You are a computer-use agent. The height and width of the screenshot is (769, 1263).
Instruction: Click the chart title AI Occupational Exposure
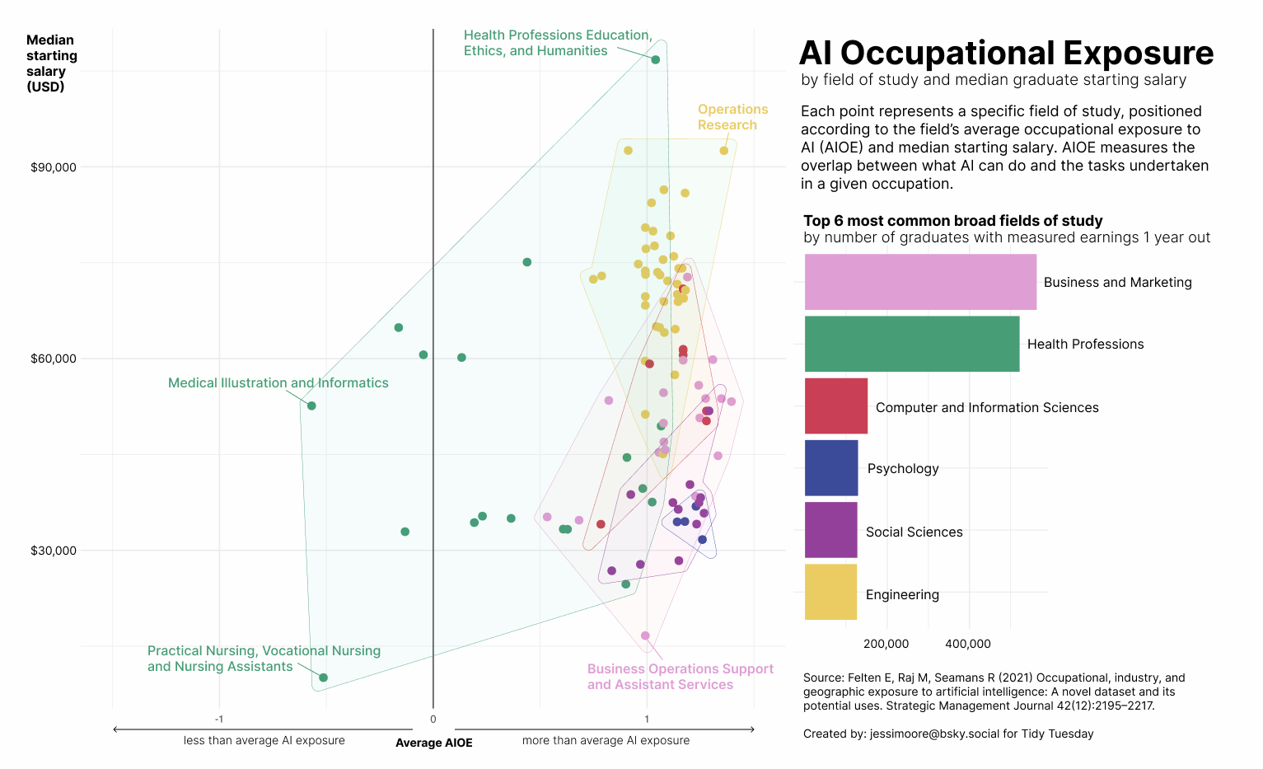1006,53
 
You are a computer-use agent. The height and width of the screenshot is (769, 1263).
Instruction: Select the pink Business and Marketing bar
920,282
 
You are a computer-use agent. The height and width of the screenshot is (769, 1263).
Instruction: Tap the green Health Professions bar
912,344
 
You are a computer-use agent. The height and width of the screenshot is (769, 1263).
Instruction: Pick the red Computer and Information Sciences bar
836,406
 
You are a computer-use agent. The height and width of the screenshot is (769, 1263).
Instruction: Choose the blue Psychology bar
831,467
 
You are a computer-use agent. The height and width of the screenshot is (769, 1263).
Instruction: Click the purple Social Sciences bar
831,530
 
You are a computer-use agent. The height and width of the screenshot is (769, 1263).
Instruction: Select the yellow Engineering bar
831,592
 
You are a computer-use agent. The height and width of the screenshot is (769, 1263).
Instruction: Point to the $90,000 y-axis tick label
54,167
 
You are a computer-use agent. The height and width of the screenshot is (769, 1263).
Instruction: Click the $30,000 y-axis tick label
54,551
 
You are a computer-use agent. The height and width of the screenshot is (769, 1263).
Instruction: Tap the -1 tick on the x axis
219,720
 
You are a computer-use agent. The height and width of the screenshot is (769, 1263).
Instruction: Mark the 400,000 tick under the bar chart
968,644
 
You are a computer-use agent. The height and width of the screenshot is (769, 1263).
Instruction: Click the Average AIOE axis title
433,743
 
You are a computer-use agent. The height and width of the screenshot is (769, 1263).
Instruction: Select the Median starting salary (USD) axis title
51,63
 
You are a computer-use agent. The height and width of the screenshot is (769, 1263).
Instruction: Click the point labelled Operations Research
724,151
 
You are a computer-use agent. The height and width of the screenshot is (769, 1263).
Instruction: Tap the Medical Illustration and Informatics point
311,406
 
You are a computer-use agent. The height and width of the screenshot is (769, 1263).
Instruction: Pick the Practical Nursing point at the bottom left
323,678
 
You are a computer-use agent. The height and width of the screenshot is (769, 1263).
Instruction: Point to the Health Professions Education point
655,60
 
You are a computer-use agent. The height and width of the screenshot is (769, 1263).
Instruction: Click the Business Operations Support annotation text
680,677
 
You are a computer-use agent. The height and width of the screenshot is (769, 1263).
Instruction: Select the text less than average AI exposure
264,740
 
